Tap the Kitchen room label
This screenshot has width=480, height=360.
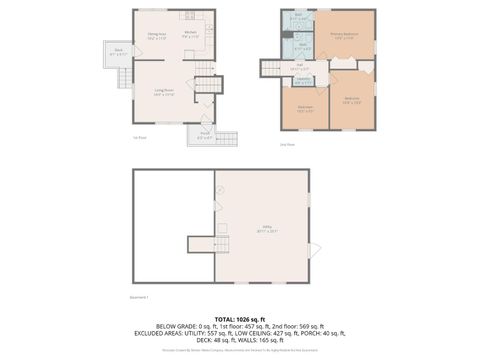coord(190,34)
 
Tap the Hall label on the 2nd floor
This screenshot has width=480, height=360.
coord(299,67)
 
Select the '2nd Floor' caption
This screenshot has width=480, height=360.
coord(286,144)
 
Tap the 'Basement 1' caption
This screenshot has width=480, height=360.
coord(141,297)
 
